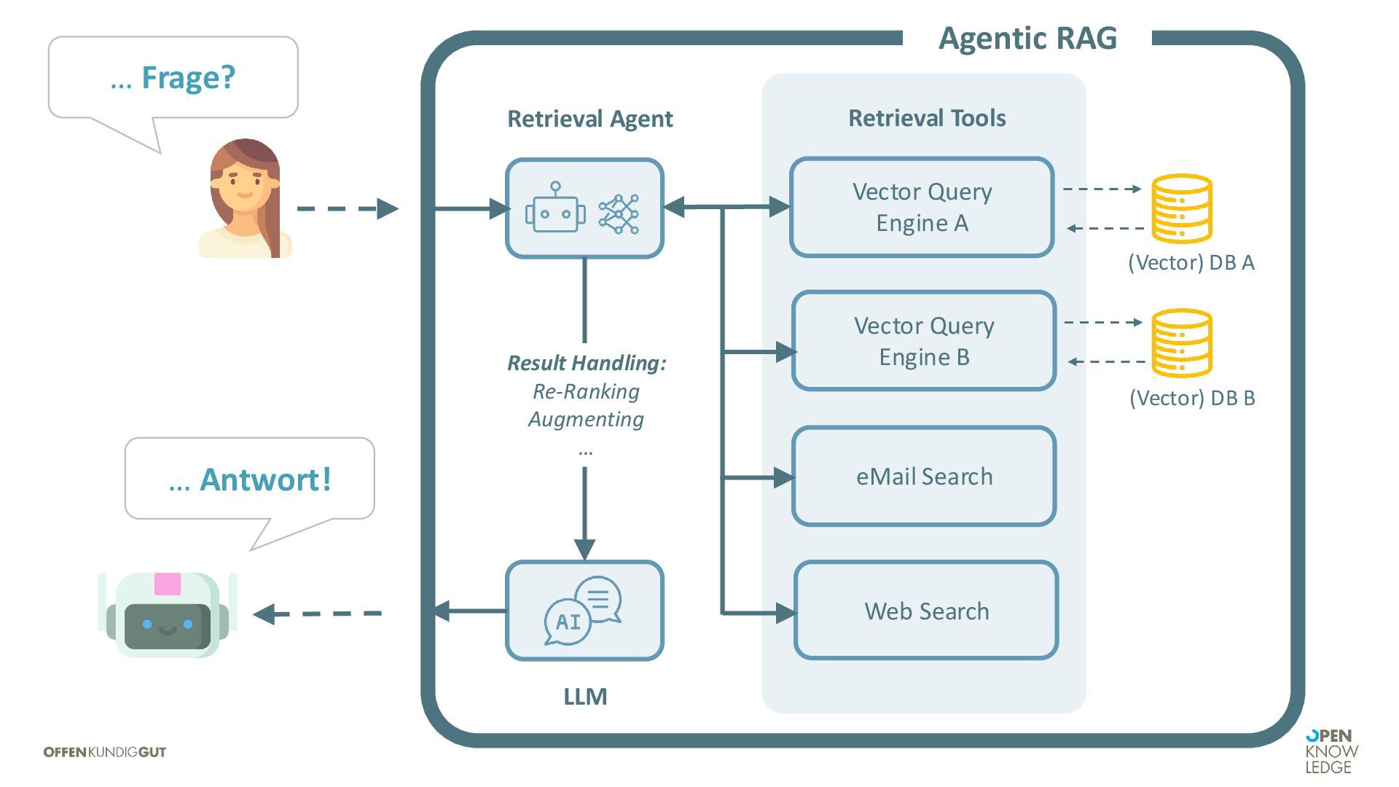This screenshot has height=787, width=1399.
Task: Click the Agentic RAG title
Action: (x=1027, y=38)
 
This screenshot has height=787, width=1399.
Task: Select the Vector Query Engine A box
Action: (x=922, y=208)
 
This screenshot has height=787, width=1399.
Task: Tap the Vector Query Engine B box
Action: (x=924, y=341)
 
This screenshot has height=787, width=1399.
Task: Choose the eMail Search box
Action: (x=924, y=477)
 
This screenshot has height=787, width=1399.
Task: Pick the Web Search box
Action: (x=926, y=611)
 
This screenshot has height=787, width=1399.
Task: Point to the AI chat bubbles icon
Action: (x=584, y=611)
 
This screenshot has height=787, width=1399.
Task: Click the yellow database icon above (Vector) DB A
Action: (x=1181, y=208)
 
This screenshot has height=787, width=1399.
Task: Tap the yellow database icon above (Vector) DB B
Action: (x=1181, y=342)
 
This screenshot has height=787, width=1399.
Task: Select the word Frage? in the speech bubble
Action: (x=188, y=77)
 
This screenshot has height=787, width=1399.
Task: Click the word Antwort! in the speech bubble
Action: (x=265, y=479)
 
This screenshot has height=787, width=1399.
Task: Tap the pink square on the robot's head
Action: (x=167, y=584)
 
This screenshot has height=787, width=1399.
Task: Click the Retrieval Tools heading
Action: (x=927, y=118)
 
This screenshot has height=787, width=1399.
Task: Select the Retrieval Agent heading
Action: (x=589, y=119)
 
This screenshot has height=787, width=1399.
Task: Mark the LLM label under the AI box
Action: (x=585, y=697)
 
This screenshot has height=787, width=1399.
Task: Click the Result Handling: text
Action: (x=587, y=363)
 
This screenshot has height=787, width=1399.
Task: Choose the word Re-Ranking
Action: (x=586, y=391)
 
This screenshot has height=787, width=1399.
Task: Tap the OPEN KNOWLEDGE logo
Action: (x=1331, y=751)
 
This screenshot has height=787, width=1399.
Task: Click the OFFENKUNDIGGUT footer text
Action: (x=105, y=752)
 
